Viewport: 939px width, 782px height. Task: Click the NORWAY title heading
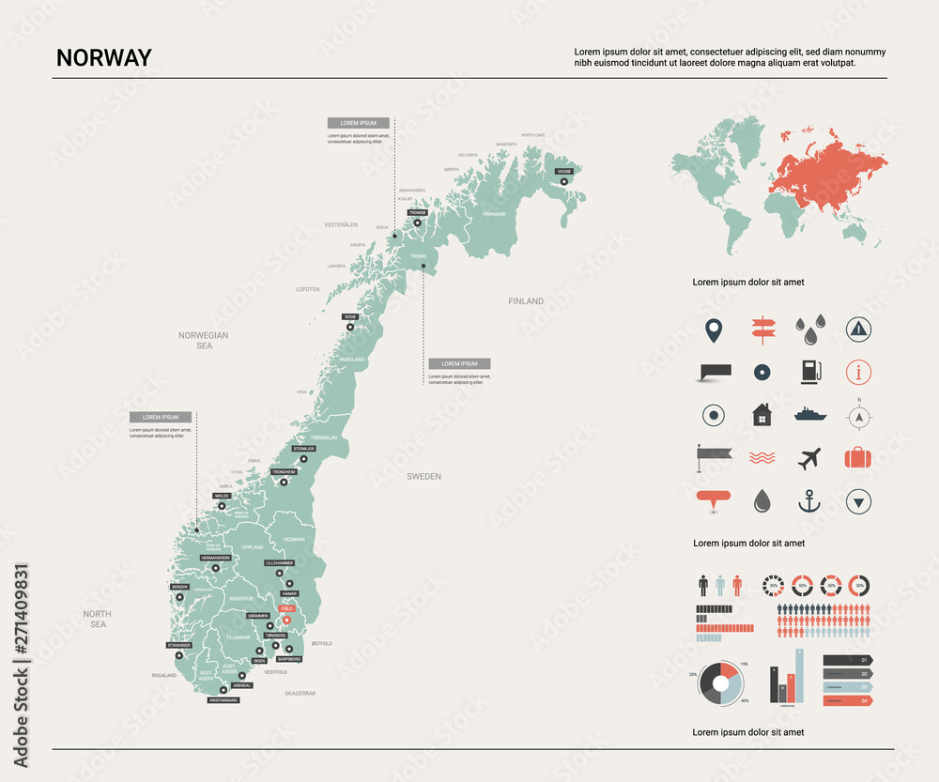[103, 57]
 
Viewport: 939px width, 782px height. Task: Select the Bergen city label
[179, 587]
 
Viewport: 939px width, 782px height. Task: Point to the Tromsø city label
[418, 213]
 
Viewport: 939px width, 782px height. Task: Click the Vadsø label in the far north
[563, 172]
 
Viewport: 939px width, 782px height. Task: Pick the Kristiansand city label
[223, 700]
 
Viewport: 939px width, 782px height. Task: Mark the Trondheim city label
[284, 472]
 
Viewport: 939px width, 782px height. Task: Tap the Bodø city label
[350, 317]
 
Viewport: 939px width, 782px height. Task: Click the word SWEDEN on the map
[423, 477]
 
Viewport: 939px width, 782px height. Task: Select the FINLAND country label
[526, 301]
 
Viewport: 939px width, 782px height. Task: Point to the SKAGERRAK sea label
[300, 693]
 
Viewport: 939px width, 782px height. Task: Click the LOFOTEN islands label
[308, 289]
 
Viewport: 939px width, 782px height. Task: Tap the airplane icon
[808, 458]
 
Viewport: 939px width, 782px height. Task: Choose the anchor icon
[808, 501]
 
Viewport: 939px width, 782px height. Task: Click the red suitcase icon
[858, 458]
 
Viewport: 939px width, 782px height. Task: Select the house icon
[762, 414]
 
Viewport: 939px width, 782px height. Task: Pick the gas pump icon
[808, 372]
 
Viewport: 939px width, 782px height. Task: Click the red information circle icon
[858, 372]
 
